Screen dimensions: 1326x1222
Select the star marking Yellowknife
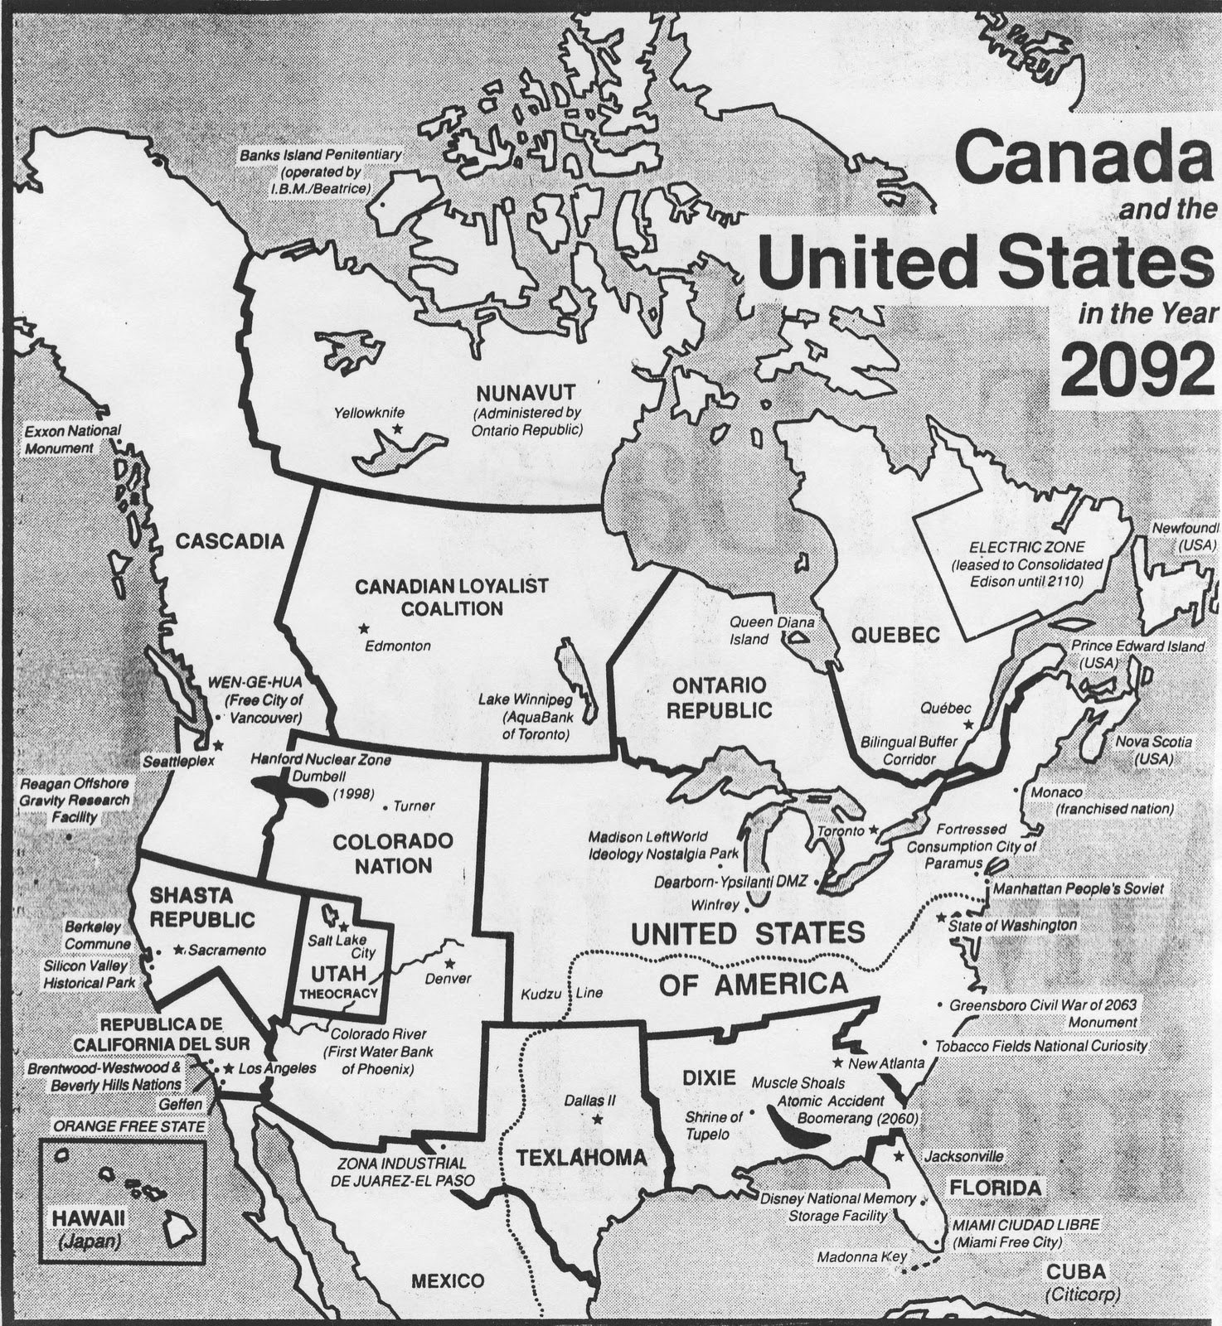pos(398,428)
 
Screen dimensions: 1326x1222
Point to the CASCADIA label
pos(230,541)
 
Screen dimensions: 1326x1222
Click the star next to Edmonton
pos(363,629)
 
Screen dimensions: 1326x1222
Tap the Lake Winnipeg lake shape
pos(575,675)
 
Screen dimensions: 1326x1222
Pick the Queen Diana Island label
pos(760,630)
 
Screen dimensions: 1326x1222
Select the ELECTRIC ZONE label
pos(1026,547)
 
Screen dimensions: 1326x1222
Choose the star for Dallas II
pos(597,1119)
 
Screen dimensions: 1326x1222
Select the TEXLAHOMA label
pos(581,1157)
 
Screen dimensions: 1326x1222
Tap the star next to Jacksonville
pos(900,1155)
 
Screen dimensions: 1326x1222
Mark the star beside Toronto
pos(873,829)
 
